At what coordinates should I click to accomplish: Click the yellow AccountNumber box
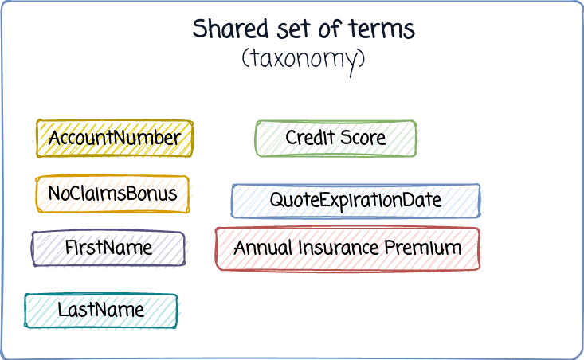click(x=115, y=139)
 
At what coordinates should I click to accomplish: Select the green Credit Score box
click(x=335, y=138)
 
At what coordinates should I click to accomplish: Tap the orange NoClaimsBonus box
click(x=112, y=194)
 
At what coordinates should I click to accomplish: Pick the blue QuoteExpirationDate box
click(x=355, y=201)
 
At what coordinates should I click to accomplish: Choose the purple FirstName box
click(x=108, y=248)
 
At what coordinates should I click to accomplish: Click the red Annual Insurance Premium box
click(x=347, y=248)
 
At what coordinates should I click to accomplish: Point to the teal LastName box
click(x=101, y=311)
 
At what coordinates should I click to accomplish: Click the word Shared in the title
click(x=230, y=29)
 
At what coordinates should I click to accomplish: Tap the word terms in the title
click(x=382, y=29)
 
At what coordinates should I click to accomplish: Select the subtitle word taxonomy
click(x=304, y=60)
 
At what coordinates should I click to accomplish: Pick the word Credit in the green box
click(x=310, y=137)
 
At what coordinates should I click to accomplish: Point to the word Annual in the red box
click(x=263, y=248)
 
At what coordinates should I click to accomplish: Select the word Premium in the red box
click(x=423, y=248)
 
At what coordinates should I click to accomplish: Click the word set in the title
click(x=293, y=29)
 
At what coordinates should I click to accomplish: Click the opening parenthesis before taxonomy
click(x=245, y=58)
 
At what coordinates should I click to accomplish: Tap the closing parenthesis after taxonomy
click(x=362, y=58)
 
